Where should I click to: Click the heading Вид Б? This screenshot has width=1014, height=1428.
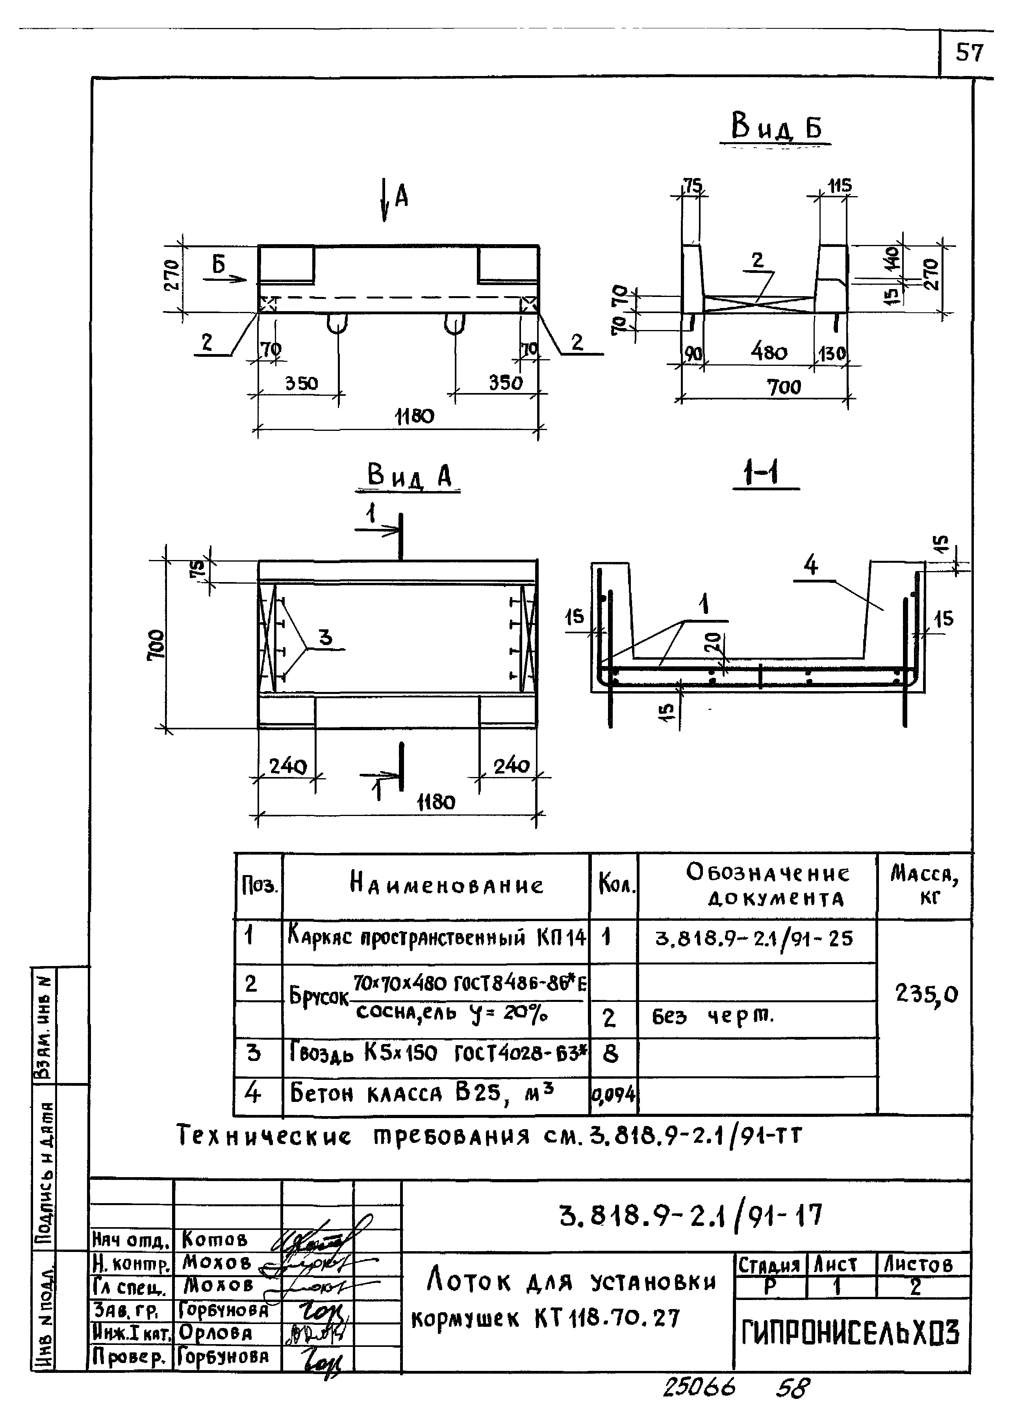776,127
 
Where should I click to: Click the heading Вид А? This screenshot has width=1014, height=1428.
410,477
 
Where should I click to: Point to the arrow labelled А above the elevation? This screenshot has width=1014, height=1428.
386,198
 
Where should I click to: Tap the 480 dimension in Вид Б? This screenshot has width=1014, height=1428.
769,353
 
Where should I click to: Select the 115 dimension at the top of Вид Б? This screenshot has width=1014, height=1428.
839,185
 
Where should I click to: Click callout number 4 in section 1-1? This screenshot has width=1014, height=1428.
810,566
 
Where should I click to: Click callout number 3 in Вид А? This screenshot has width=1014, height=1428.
325,638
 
